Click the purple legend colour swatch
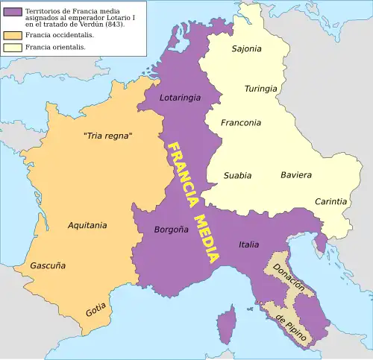point(13,13)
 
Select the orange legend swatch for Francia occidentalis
point(13,34)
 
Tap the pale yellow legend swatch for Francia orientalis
point(13,47)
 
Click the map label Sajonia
point(247,49)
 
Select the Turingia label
point(260,89)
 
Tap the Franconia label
point(241,123)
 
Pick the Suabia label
point(237,176)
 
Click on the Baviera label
point(296,175)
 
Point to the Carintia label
point(330,201)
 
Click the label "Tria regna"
point(107,135)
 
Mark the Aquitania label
point(87,224)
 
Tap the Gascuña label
point(48,265)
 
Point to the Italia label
point(249,244)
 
